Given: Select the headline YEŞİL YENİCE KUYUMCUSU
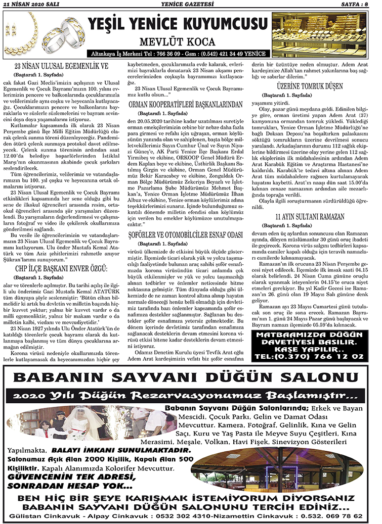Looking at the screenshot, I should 177,24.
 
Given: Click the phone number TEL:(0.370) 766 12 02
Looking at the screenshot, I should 310,356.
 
